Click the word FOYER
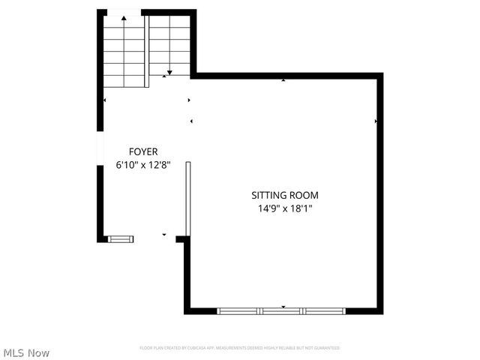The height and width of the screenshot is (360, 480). (x=142, y=151)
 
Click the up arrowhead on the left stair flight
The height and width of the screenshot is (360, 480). (x=124, y=15)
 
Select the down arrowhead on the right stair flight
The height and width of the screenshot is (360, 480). (x=169, y=72)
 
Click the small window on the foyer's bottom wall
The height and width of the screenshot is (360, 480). (x=121, y=239)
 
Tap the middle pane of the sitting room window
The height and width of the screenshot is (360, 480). (x=281, y=310)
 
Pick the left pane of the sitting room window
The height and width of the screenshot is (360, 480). (x=238, y=310)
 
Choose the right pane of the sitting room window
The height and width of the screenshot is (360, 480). (x=325, y=310)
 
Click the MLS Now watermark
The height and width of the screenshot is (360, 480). (x=26, y=352)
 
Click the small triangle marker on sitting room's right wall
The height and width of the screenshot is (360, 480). (x=376, y=121)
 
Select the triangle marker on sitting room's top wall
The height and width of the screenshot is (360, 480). (x=283, y=79)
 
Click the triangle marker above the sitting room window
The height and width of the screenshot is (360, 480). (x=283, y=306)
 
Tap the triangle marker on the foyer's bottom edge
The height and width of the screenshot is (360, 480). (x=164, y=235)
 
